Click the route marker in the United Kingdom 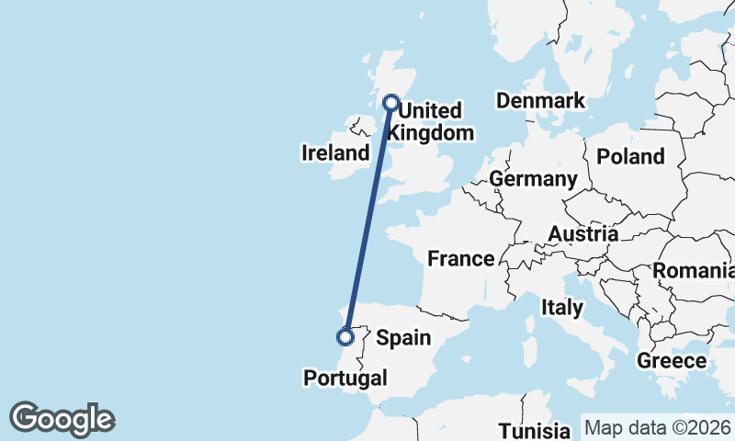pos(391,103)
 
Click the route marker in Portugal pos(345,337)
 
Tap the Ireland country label pos(335,153)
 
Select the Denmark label pos(540,101)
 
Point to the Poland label pos(630,157)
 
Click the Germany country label pos(533,178)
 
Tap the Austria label pos(583,235)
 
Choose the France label pos(461,259)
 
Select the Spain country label pos(404,338)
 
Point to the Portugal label pos(345,378)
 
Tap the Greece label pos(671,361)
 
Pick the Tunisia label pos(535,430)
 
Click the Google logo pos(62,419)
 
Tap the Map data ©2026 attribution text pos(657,427)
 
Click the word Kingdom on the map pos(431,133)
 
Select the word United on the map pos(431,111)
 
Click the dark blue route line pos(368,220)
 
